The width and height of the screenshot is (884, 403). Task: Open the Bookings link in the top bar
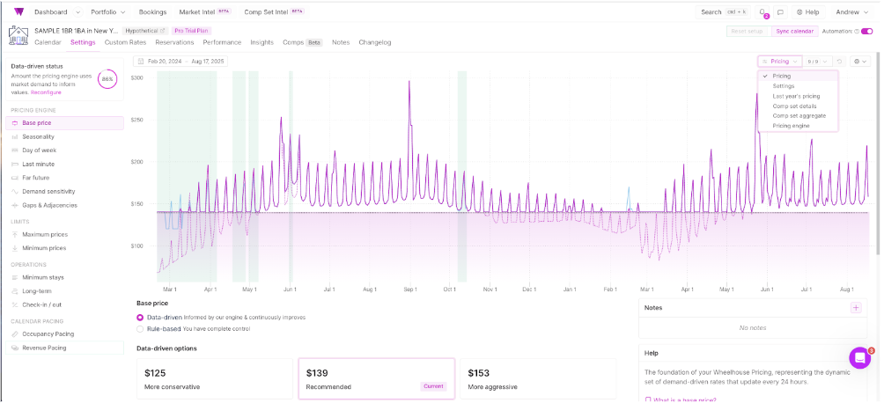click(152, 12)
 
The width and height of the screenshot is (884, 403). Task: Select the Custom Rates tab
click(125, 42)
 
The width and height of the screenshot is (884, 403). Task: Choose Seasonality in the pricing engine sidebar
click(38, 136)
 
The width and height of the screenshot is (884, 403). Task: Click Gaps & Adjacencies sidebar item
click(49, 205)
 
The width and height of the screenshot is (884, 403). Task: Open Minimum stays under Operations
click(44, 278)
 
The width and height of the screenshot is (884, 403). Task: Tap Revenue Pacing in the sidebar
click(44, 348)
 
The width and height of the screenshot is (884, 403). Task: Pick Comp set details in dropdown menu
click(795, 106)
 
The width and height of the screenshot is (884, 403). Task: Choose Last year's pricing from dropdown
click(796, 96)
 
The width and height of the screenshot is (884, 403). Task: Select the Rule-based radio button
click(140, 329)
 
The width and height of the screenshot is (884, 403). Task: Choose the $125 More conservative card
click(214, 378)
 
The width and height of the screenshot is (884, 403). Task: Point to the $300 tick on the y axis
click(136, 78)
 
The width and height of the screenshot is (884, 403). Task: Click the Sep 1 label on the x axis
click(409, 289)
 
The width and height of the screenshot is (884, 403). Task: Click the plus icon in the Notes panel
click(855, 308)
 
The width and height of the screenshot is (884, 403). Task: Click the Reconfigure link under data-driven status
click(46, 92)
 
